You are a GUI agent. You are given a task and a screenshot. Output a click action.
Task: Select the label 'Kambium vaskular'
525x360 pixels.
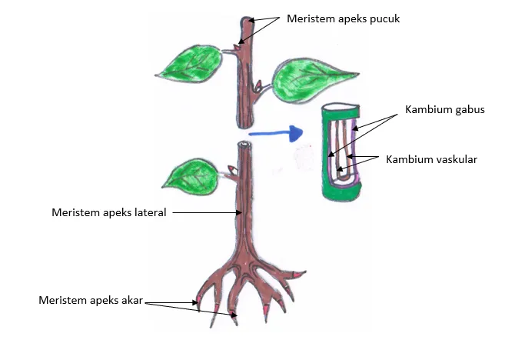(x=432, y=159)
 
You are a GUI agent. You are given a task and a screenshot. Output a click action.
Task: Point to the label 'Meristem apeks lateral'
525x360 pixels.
(x=109, y=212)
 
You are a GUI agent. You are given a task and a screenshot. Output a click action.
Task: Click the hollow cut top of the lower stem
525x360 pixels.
(x=244, y=145)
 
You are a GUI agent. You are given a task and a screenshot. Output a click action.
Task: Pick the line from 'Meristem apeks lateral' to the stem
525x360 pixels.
(x=204, y=212)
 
